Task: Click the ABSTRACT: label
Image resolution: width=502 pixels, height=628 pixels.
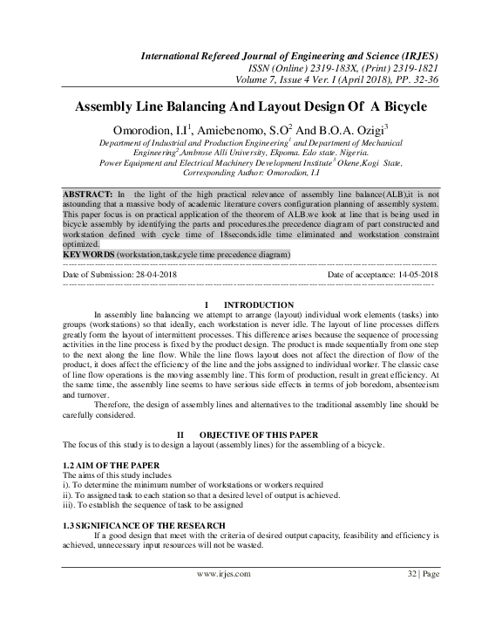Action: pyautogui.click(x=88, y=191)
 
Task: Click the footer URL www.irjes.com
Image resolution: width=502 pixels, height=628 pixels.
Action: pyautogui.click(x=224, y=573)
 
